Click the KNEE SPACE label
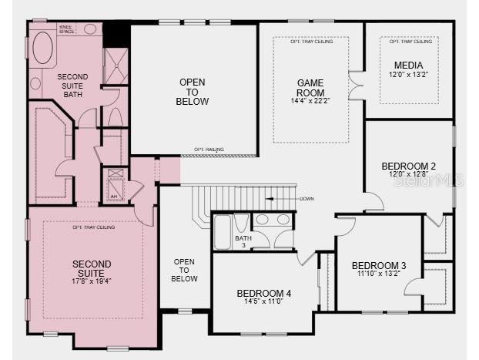(67, 29)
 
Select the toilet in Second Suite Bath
(114, 115)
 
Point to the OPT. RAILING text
(209, 149)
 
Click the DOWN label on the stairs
(306, 199)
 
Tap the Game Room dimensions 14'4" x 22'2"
(310, 100)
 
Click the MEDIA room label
(407, 65)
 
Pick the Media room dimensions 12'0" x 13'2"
(407, 75)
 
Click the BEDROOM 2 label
(408, 166)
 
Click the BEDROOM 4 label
(263, 293)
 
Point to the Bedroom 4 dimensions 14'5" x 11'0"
(263, 302)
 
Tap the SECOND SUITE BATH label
(72, 85)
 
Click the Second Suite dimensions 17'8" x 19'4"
(91, 281)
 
